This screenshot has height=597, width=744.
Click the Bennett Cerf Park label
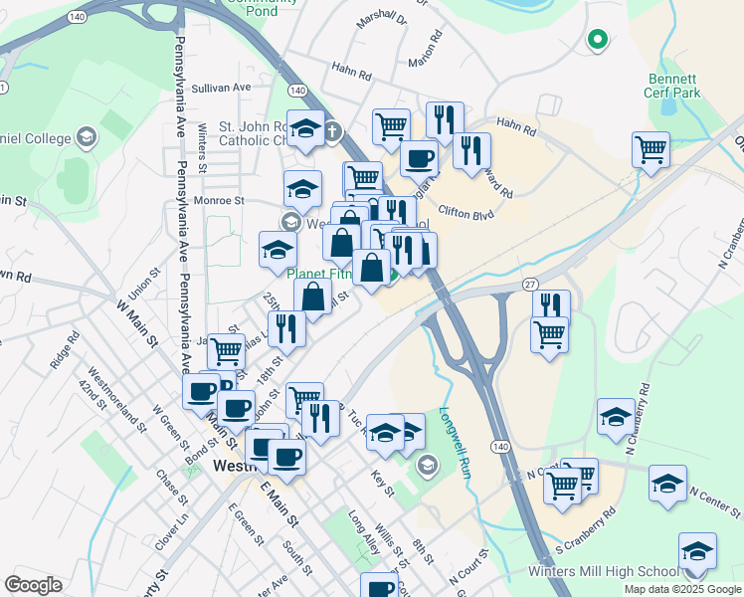673,86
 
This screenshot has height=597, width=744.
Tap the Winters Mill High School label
617,571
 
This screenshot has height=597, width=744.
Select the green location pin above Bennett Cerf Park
597,40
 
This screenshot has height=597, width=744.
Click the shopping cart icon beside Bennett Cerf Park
651,150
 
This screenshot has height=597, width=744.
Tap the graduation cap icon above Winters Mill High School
697,551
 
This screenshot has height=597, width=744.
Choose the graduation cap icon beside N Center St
667,484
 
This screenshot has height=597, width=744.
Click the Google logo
32,585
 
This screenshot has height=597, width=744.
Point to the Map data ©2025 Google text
682,589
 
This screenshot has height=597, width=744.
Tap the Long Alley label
364,531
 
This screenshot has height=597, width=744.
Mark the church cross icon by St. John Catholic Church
332,130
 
